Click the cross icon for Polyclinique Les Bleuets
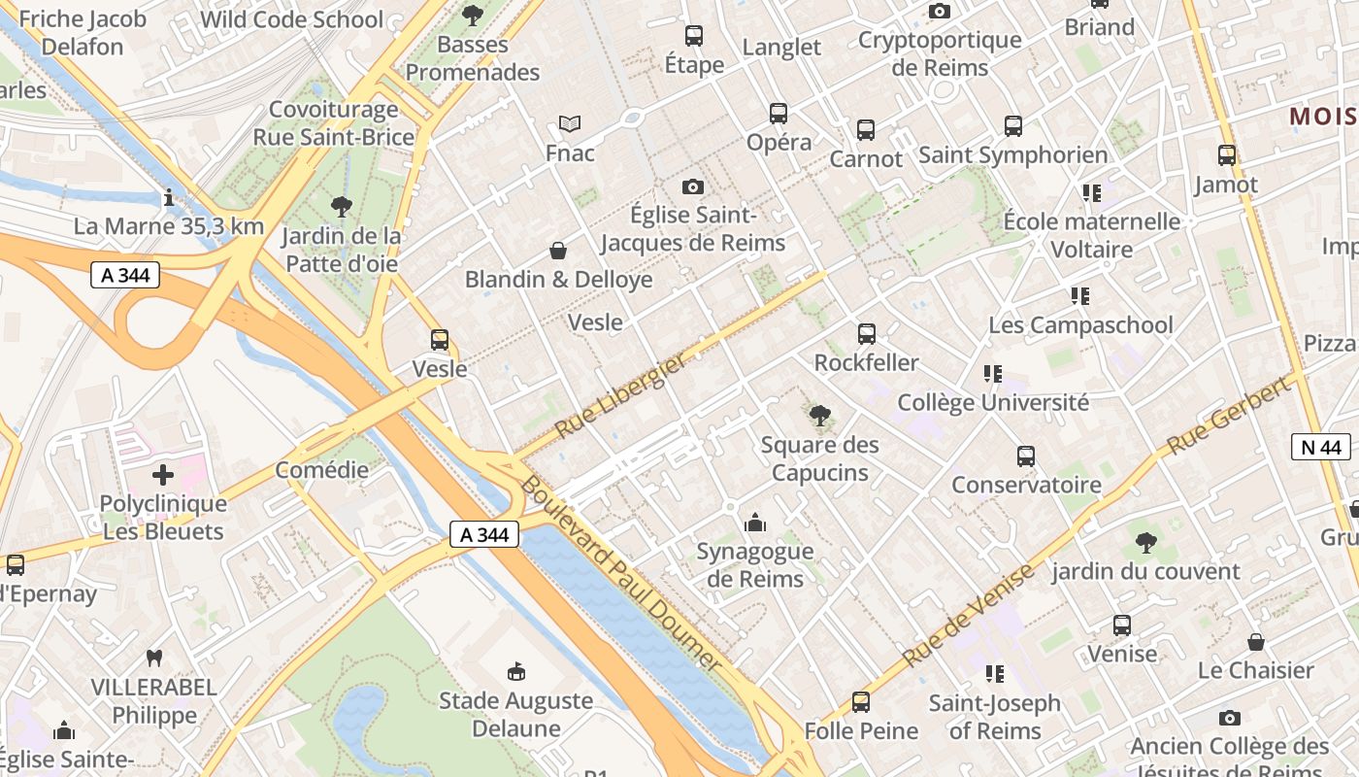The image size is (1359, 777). [163, 475]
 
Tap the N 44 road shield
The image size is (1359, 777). [1321, 447]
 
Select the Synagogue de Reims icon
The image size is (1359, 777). [755, 524]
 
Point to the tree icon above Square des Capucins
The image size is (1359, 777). [820, 417]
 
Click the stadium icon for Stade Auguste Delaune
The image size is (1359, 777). [516, 671]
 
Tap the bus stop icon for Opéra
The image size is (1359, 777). [779, 114]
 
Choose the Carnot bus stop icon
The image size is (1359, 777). [866, 129]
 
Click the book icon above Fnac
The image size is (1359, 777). [570, 124]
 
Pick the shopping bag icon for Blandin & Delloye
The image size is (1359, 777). [558, 251]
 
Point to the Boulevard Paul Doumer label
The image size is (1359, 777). [621, 573]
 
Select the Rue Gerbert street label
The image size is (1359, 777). [1230, 416]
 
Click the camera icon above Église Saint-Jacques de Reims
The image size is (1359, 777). [692, 186]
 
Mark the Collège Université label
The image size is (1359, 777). [993, 402]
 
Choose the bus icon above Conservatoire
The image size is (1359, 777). [1026, 456]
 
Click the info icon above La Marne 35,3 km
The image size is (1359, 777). [169, 198]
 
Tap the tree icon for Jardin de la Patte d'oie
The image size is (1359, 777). [341, 206]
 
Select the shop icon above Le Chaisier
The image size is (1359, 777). [1256, 642]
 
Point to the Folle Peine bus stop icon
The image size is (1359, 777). [861, 701]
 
